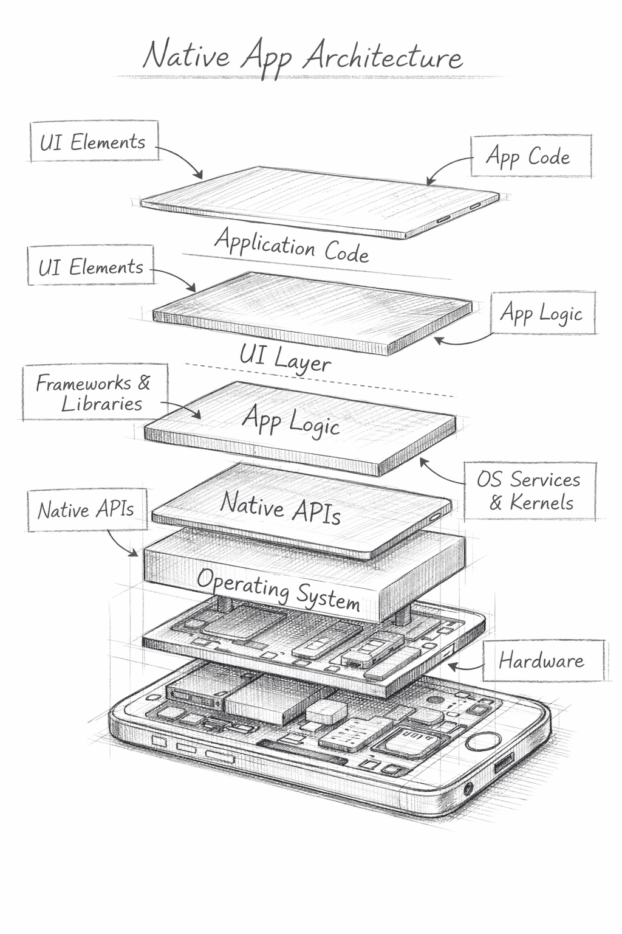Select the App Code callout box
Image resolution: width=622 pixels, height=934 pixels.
pyautogui.click(x=531, y=157)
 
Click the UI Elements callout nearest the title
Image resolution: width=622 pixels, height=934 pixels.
pyautogui.click(x=94, y=142)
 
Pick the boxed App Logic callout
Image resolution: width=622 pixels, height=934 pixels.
pyautogui.click(x=542, y=313)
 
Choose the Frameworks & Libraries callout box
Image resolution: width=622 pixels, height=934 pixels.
pyautogui.click(x=95, y=393)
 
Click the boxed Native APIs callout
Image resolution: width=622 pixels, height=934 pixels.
pyautogui.click(x=87, y=510)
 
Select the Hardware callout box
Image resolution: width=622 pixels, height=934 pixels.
pyautogui.click(x=542, y=660)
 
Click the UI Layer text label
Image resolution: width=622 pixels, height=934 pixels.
pyautogui.click(x=285, y=358)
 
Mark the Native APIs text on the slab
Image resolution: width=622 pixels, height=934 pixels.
pyautogui.click(x=280, y=508)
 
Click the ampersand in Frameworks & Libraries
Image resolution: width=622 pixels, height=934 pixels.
pyautogui.click(x=144, y=382)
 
